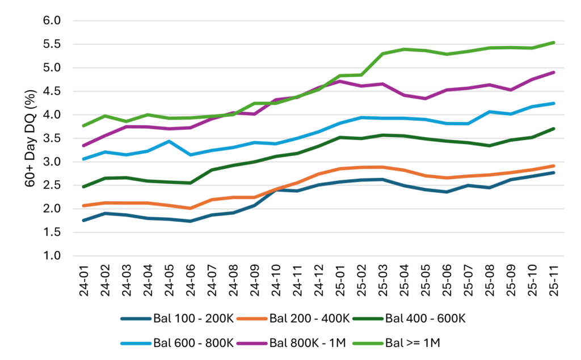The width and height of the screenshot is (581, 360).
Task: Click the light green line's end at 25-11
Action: (554, 43)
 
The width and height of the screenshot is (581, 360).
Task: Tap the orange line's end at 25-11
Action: (554, 166)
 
